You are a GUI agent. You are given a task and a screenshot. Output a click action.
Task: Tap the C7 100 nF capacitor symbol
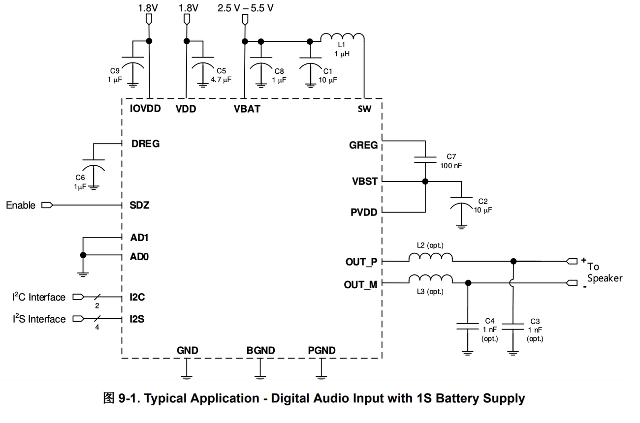point(425,160)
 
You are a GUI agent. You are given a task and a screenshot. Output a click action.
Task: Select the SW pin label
point(364,109)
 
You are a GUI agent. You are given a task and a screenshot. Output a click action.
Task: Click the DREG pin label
point(145,144)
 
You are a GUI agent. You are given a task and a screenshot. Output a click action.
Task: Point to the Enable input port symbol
point(47,205)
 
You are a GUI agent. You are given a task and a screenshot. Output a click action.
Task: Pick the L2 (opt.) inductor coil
point(431,257)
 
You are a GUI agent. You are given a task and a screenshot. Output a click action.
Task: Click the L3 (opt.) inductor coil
point(431,279)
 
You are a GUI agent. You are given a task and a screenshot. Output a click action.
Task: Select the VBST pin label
point(365,181)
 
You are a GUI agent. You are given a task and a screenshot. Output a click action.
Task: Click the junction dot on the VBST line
point(425,181)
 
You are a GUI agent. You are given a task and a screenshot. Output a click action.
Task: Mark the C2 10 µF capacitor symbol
point(461,203)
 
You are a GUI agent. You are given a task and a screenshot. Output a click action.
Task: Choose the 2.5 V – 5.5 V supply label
point(246,8)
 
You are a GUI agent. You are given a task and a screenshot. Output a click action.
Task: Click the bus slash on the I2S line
point(97,319)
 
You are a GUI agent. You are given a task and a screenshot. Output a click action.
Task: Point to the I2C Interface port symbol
point(78,297)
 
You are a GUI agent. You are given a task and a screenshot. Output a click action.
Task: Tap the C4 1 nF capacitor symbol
point(467,326)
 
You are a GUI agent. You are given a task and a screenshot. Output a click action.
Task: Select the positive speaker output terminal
point(572,261)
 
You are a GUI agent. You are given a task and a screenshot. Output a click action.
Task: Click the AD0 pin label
point(139,257)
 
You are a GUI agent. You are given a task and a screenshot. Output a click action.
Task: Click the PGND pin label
point(321,350)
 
